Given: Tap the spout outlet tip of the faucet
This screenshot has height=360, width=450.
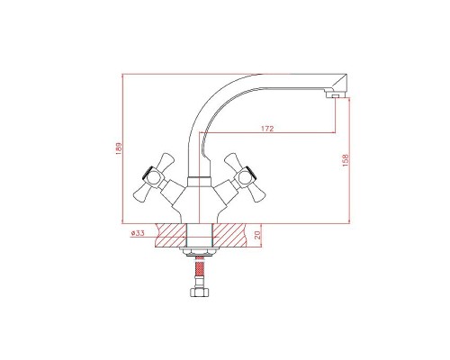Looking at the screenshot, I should tap(336, 92).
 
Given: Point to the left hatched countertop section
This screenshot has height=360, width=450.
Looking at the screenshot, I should tap(171, 236).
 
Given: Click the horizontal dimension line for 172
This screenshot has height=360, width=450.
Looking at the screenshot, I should tap(270, 137).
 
